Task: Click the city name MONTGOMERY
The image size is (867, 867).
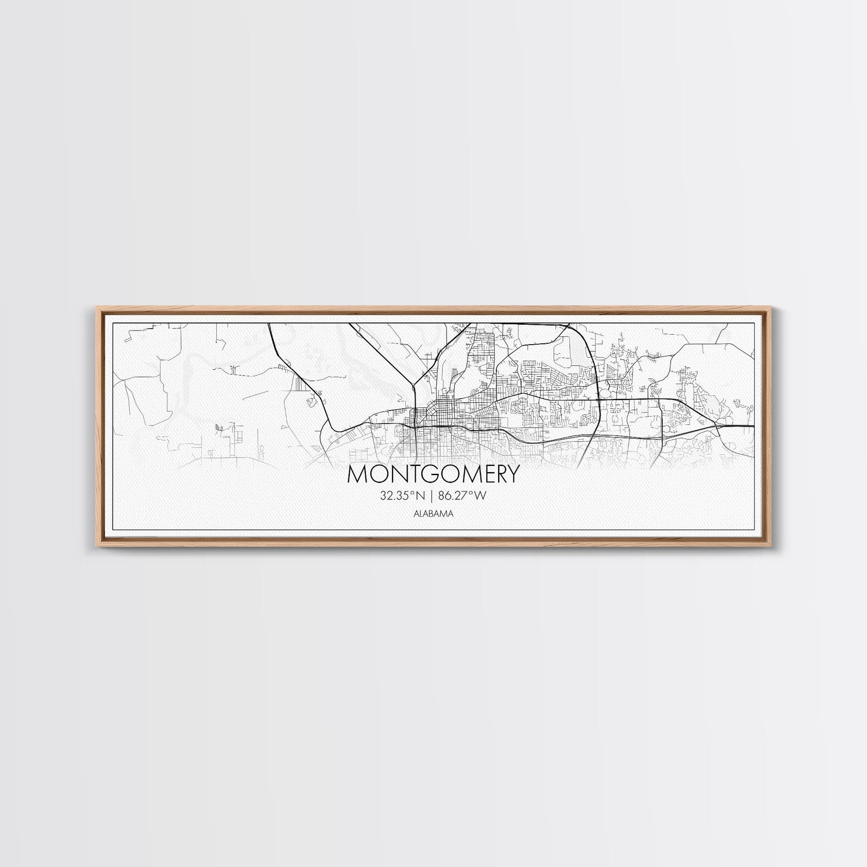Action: [x=433, y=474]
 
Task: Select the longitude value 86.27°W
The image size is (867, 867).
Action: [x=465, y=495]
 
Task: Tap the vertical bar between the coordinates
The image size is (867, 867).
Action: [x=433, y=495]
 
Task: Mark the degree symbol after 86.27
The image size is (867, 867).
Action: [x=475, y=492]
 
